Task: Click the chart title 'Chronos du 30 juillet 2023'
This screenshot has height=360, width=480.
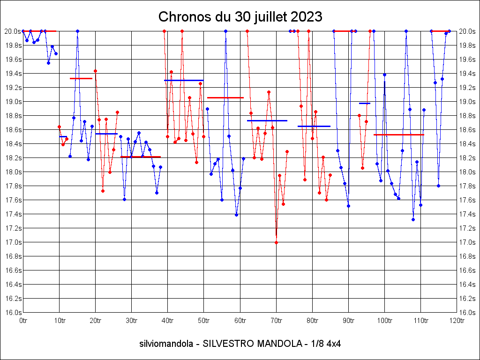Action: click(x=240, y=17)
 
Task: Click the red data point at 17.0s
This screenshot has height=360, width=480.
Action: click(x=276, y=242)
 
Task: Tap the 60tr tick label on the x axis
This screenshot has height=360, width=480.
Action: click(x=240, y=321)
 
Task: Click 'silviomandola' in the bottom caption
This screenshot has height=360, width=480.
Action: click(x=166, y=344)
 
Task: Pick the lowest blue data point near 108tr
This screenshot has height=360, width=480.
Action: click(x=413, y=219)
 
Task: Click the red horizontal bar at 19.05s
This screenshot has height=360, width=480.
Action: click(x=225, y=97)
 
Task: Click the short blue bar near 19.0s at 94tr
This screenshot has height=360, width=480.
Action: click(x=365, y=103)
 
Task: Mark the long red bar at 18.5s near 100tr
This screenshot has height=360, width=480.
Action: click(x=399, y=135)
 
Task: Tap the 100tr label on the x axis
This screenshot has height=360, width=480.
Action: click(x=384, y=321)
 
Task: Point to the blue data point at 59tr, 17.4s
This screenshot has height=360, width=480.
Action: click(x=236, y=215)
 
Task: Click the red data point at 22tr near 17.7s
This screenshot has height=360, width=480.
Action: click(x=103, y=191)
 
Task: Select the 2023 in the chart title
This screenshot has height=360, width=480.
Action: click(x=307, y=17)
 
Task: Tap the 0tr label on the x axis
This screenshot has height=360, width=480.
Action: click(x=23, y=321)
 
